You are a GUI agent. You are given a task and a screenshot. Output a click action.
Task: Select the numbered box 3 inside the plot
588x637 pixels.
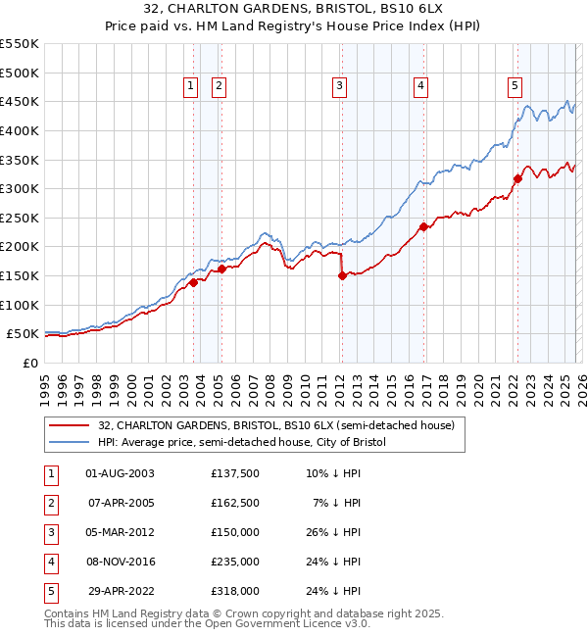click(339, 86)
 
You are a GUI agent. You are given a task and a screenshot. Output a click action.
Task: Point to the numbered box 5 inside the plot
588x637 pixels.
click(514, 86)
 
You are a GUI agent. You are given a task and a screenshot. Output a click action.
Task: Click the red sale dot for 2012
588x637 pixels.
click(342, 276)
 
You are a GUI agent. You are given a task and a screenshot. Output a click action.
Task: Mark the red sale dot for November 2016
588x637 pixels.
click(423, 226)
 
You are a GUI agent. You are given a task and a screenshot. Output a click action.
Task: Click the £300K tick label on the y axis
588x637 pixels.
click(19, 188)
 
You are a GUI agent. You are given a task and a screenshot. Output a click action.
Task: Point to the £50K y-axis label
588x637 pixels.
click(23, 334)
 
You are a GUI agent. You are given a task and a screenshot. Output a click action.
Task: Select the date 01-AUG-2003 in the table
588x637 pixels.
click(121, 473)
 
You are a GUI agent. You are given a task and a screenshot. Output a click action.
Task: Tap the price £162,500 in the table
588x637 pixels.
click(235, 503)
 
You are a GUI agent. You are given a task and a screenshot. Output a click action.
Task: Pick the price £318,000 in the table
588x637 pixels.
click(235, 591)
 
